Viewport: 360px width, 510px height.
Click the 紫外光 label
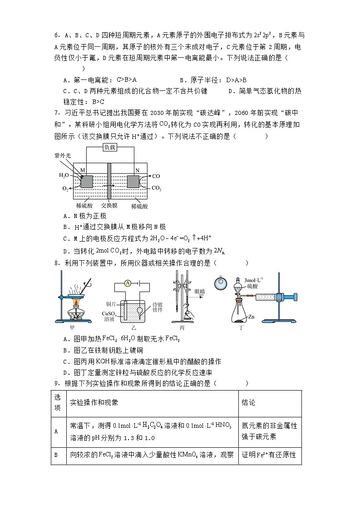(61, 155)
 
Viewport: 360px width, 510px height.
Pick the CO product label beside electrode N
(156, 176)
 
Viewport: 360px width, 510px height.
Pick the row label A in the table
(56, 431)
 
